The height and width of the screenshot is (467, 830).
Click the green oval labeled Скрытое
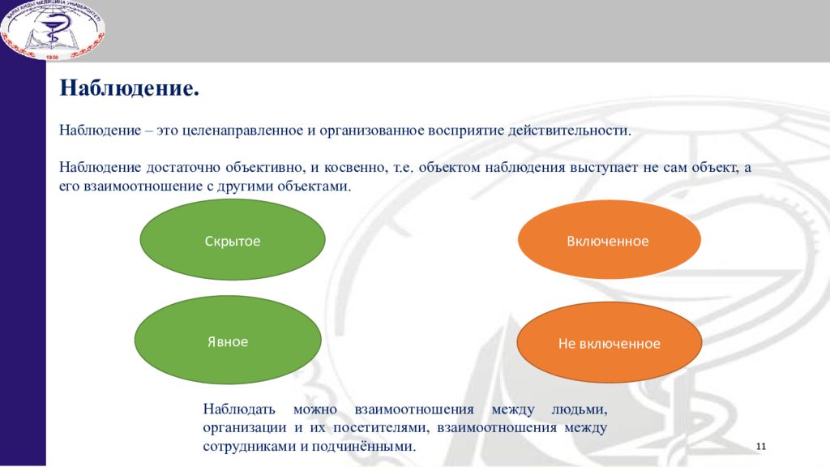[233, 239]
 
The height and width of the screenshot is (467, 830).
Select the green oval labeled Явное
[228, 340]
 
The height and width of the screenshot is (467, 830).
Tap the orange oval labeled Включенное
[610, 239]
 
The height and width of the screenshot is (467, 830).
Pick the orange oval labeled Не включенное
[610, 342]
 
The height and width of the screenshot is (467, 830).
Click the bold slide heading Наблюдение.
[129, 88]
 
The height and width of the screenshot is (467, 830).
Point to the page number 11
[760, 447]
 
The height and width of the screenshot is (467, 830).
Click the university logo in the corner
[53, 29]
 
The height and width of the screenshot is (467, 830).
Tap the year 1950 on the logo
[52, 57]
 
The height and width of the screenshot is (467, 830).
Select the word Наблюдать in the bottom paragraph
[239, 409]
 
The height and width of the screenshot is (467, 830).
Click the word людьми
[579, 409]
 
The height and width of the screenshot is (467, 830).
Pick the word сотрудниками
[249, 446]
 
